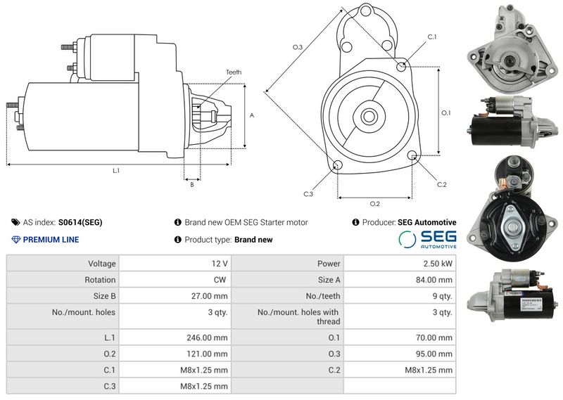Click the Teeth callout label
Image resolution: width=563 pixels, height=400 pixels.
point(234,72)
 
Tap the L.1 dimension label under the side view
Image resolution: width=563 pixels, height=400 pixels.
point(116,171)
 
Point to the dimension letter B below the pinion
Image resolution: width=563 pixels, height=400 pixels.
point(192,185)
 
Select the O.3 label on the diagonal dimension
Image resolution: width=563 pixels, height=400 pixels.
point(298,47)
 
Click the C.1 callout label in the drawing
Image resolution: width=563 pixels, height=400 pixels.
point(432,37)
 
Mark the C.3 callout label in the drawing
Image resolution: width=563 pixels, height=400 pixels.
point(308,194)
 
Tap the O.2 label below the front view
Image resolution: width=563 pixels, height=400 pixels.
point(375,204)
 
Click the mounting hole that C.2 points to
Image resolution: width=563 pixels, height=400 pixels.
point(412,155)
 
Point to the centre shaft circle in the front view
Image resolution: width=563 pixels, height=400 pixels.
point(369,116)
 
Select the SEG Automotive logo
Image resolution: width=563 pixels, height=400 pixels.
point(427,239)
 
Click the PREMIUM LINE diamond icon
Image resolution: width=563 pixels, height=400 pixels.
point(15,240)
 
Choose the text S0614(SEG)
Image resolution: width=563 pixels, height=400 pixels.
point(80,222)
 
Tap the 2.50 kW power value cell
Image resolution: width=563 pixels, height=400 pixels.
point(400,264)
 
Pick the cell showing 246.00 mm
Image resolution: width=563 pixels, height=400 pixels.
point(175,337)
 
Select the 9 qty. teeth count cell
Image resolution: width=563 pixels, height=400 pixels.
point(400,296)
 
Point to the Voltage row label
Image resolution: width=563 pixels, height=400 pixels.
point(102,264)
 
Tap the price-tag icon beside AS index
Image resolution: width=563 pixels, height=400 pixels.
point(15,222)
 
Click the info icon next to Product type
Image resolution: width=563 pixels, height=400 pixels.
point(178,239)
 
